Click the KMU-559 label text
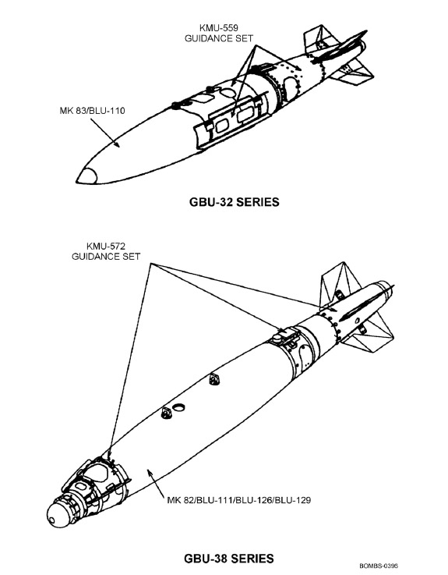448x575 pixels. (219, 28)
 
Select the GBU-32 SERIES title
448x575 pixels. (234, 202)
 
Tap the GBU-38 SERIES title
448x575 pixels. (229, 559)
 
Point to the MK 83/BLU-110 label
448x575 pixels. (92, 110)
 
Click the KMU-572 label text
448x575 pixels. (106, 246)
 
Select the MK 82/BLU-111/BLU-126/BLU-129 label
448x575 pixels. (239, 500)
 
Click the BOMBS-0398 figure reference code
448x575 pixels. (379, 566)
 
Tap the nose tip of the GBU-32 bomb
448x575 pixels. (77, 181)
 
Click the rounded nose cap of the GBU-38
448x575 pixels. (58, 515)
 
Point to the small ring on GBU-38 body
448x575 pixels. (179, 407)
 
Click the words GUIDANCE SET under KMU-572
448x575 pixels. (106, 257)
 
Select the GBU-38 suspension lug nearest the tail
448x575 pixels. (214, 379)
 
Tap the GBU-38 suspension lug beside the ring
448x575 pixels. (166, 413)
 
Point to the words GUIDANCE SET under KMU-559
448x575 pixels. (219, 38)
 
